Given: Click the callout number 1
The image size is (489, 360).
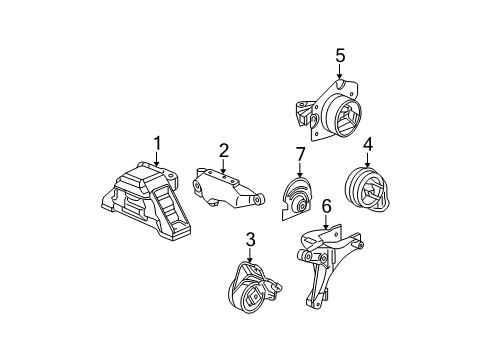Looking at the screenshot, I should [x=156, y=143].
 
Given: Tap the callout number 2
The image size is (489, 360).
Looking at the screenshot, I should [x=224, y=151].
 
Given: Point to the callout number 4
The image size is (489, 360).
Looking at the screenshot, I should [x=368, y=145].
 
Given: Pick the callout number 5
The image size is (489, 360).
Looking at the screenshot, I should [x=340, y=56].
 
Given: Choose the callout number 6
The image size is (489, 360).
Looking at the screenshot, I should [x=326, y=206].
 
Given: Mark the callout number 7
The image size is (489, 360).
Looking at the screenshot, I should [x=299, y=153].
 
